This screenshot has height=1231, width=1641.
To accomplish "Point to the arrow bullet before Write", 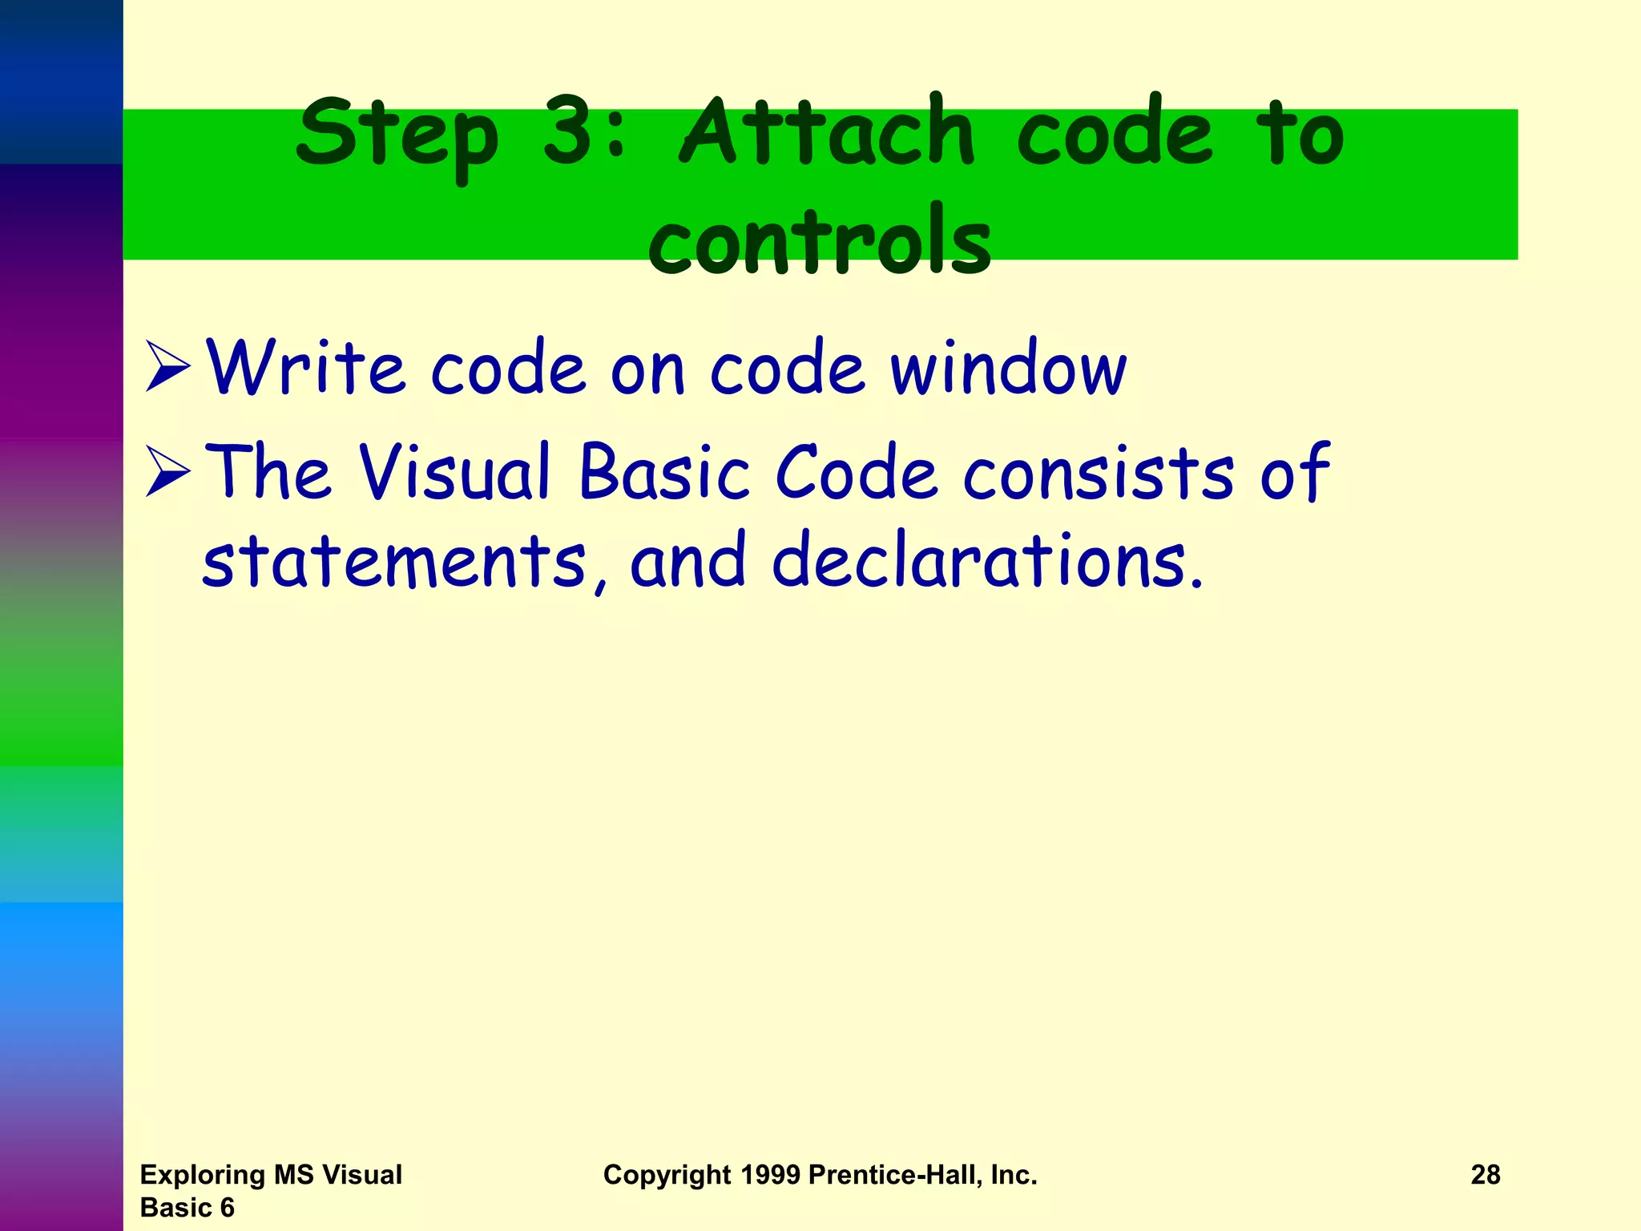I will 167,366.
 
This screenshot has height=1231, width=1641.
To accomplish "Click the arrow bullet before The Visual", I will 167,471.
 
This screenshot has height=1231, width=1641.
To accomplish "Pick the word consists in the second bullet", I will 1099,473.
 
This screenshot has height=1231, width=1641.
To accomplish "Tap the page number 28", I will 1485,1175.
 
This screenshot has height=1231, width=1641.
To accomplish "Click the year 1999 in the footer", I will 770,1175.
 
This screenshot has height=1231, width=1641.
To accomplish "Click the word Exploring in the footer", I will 204,1175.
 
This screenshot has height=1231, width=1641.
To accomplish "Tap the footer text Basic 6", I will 187,1208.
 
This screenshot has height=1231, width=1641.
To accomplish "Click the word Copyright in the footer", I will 667,1176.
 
